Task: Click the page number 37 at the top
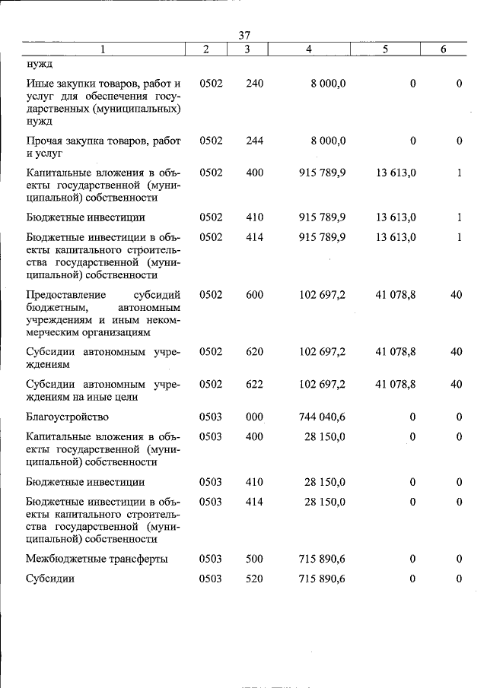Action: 244,35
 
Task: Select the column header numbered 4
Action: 308,49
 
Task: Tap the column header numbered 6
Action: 444,49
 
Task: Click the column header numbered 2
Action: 206,49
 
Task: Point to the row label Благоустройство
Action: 67,417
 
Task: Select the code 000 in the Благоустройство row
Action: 254,417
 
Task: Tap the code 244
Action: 254,141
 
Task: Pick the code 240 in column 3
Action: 254,83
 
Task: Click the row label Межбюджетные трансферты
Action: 97,559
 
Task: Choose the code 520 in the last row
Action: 254,579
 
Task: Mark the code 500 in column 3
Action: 254,559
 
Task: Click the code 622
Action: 254,384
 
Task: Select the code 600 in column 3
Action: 254,294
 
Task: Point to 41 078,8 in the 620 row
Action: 395,351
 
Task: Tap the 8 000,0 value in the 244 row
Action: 327,141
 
